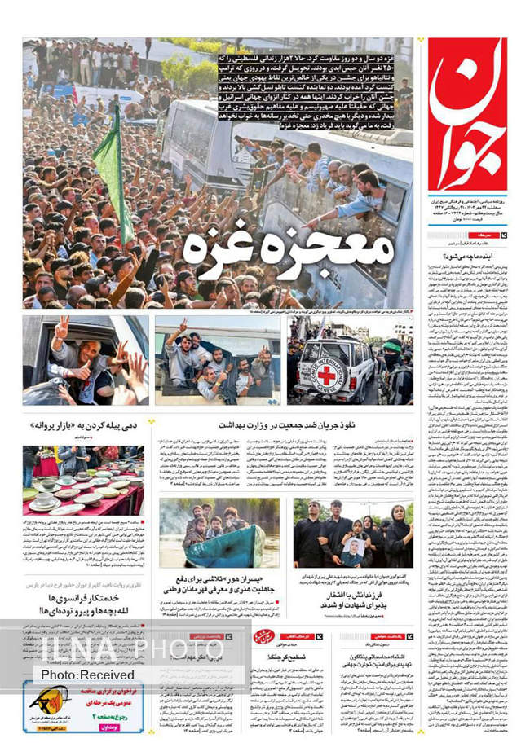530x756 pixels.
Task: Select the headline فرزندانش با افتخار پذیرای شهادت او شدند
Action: click(353, 611)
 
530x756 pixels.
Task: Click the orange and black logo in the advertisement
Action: click(44, 699)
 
